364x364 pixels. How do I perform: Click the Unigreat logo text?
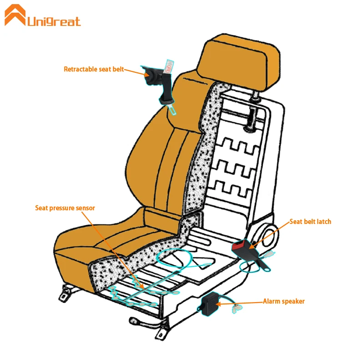(54, 21)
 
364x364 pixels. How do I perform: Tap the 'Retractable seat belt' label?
(94, 69)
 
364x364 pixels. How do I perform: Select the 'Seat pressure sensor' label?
(65, 208)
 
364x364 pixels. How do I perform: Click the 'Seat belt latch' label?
(310, 222)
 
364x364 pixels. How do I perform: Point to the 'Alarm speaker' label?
(283, 301)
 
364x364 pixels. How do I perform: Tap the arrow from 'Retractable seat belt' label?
(134, 71)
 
